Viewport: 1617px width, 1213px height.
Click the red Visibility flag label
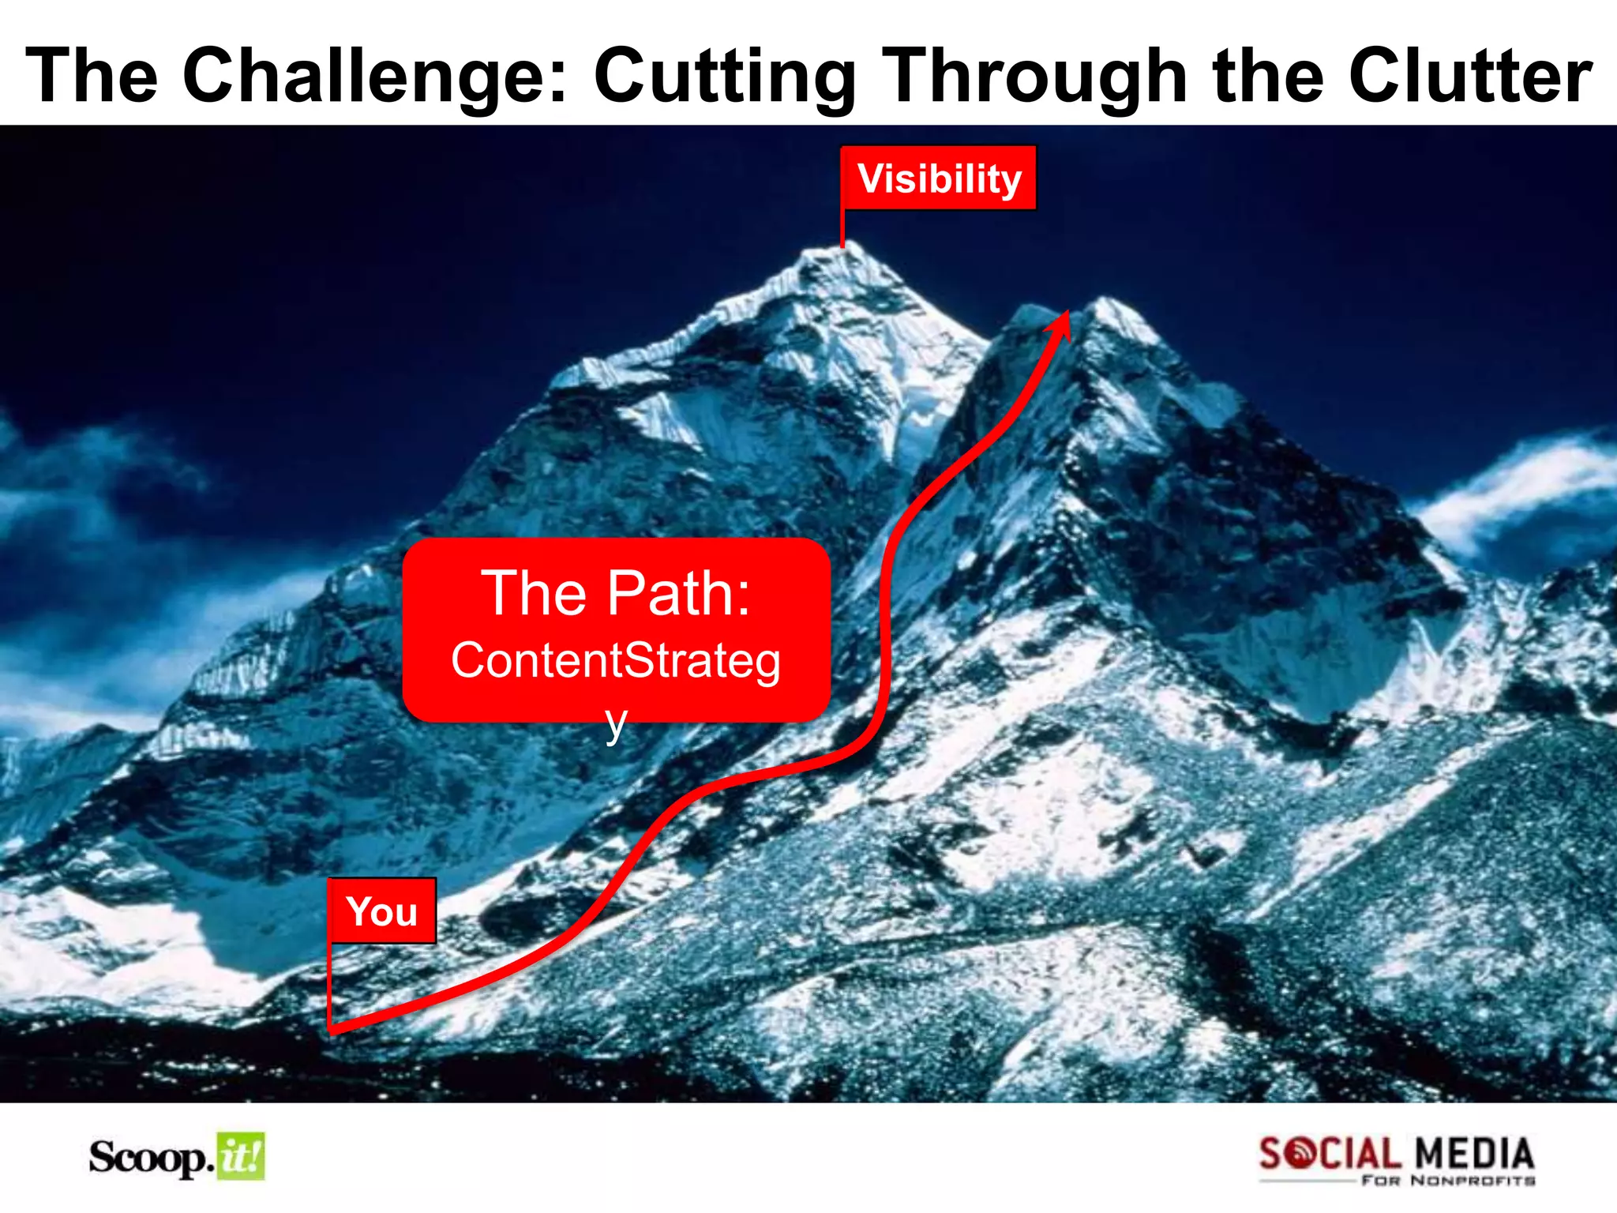(939, 178)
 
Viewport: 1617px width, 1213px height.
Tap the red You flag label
(382, 911)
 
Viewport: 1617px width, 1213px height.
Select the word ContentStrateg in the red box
(616, 660)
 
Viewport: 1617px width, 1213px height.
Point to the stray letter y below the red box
(616, 723)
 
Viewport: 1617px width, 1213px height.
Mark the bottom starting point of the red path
(332, 1029)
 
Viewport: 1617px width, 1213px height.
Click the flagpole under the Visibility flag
(842, 229)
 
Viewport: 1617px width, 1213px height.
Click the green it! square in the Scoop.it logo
(241, 1157)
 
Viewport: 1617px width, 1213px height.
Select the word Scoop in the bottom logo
(149, 1158)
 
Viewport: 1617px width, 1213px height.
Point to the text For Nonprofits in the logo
(1448, 1181)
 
